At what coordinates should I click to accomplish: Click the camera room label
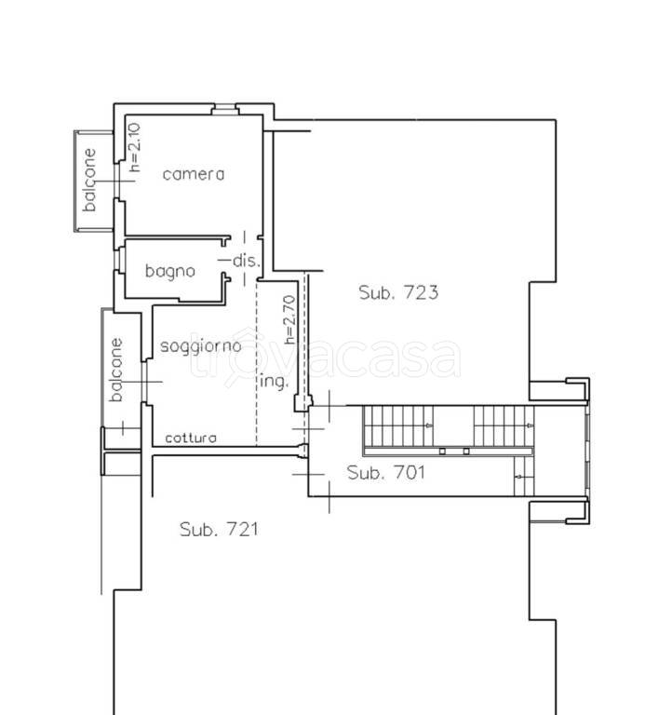[194, 174]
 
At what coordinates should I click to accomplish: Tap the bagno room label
[170, 271]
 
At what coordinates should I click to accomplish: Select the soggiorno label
[200, 346]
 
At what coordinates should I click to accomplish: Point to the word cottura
[191, 438]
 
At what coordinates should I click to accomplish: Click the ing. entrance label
[275, 381]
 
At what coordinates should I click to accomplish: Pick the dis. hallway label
[247, 261]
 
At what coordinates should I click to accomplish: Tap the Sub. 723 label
[398, 292]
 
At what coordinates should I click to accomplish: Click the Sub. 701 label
[385, 472]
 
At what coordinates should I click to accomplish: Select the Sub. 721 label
[219, 530]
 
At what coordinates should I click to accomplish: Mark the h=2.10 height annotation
[134, 147]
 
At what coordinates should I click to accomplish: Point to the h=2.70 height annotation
[289, 319]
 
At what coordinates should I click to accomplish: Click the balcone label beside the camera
[89, 180]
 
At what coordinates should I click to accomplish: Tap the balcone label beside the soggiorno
[116, 370]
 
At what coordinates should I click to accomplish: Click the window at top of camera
[224, 110]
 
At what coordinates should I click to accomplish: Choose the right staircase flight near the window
[504, 425]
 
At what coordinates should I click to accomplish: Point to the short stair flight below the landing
[524, 476]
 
